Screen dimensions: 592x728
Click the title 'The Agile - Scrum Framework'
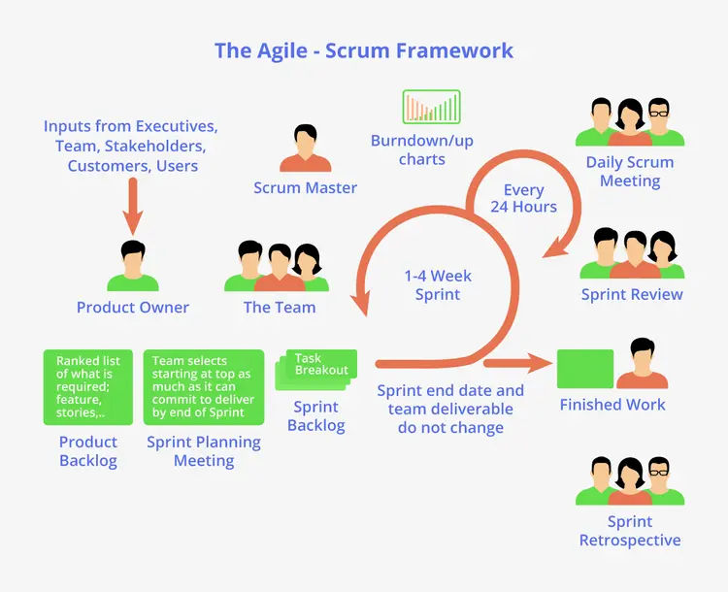click(364, 49)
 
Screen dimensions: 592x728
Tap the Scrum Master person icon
click(305, 149)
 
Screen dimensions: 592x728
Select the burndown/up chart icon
click(431, 107)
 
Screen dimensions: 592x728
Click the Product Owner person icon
click(132, 266)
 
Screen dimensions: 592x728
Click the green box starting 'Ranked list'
click(88, 386)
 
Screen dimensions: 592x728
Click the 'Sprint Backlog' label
click(316, 415)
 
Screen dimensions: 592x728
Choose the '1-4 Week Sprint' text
click(437, 284)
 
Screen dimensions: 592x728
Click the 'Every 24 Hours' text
click(523, 198)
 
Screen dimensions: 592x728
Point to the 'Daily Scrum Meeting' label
click(630, 171)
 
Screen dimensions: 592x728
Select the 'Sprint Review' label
click(632, 294)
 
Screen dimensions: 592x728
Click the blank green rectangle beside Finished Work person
click(584, 369)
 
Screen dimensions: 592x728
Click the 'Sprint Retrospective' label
click(630, 531)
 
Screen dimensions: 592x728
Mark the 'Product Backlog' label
click(88, 451)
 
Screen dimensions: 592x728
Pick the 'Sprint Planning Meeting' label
click(204, 451)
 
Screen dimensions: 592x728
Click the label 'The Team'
click(280, 307)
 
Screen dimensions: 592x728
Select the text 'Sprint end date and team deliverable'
click(450, 400)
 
